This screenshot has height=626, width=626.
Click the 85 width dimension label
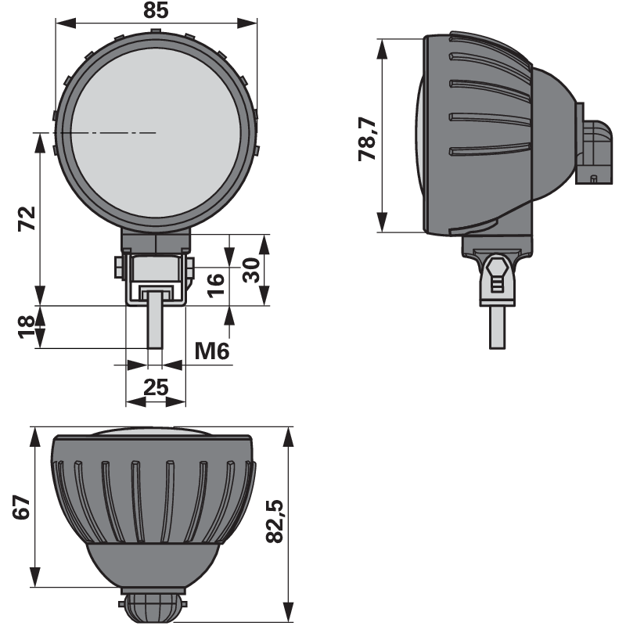click(x=156, y=10)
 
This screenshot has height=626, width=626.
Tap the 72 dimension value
click(x=27, y=218)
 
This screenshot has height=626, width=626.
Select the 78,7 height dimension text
click(x=368, y=139)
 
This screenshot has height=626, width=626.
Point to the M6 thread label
click(x=212, y=351)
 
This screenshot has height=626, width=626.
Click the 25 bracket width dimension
click(x=156, y=387)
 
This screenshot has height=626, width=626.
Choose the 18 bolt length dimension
click(x=27, y=327)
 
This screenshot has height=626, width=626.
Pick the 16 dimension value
click(x=216, y=285)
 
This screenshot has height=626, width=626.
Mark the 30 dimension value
click(x=251, y=270)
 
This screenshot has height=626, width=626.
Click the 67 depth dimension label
click(x=22, y=507)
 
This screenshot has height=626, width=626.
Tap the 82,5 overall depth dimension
click(x=275, y=521)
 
